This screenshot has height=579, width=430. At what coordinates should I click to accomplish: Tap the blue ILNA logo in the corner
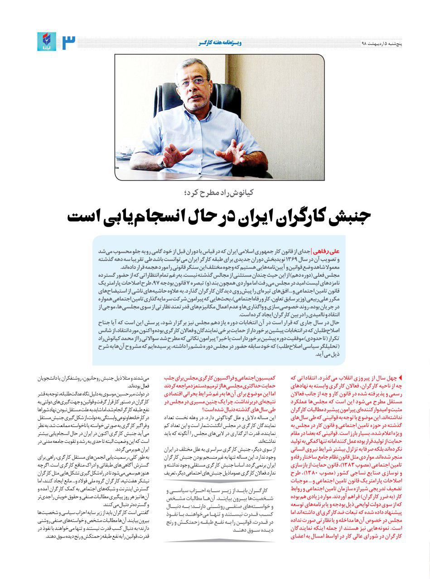(x=47, y=42)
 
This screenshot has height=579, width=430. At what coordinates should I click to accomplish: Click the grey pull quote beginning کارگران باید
(x=220, y=509)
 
